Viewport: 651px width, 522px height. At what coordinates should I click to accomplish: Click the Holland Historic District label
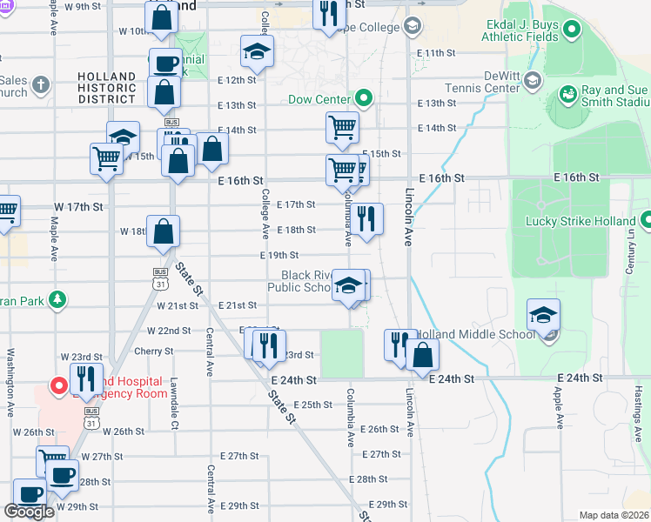pyautogui.click(x=106, y=88)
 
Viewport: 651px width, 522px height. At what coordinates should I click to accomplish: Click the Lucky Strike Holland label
pyautogui.click(x=580, y=221)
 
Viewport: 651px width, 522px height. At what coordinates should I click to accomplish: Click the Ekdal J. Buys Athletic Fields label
pyautogui.click(x=521, y=32)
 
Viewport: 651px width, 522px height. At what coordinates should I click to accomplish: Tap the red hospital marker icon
pyautogui.click(x=59, y=385)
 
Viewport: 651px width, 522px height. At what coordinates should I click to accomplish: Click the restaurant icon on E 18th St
pyautogui.click(x=367, y=219)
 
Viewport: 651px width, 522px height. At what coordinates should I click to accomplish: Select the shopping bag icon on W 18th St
pyautogui.click(x=163, y=231)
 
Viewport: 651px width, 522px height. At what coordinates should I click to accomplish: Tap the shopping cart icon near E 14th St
pyautogui.click(x=343, y=128)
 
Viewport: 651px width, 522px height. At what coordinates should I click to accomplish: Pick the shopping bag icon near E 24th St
pyautogui.click(x=422, y=355)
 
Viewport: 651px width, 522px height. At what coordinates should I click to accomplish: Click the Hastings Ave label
pyautogui.click(x=637, y=405)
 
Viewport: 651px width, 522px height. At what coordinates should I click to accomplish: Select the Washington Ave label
pyautogui.click(x=11, y=382)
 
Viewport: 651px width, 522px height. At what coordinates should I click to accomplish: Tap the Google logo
pyautogui.click(x=29, y=512)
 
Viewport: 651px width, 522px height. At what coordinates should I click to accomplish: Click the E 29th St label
pyautogui.click(x=387, y=505)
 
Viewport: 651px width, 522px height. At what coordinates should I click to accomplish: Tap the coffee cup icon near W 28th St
pyautogui.click(x=62, y=476)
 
